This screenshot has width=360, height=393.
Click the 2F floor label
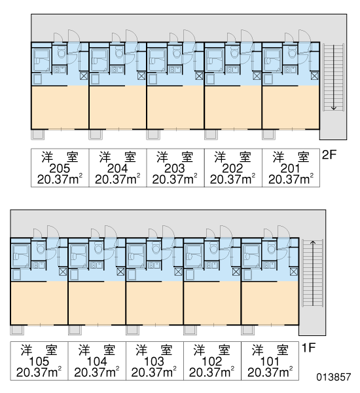329,155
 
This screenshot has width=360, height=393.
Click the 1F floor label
308,348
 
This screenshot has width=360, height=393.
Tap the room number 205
60,168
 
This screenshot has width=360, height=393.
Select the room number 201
290,168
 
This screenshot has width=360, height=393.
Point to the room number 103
154,362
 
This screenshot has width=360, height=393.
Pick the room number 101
270,362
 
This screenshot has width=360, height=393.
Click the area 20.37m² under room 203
175,179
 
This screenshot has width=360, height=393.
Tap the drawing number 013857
333,377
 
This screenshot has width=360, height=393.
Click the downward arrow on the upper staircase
333,77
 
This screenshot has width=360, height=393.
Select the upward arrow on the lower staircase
313,273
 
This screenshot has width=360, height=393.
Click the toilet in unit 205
61,53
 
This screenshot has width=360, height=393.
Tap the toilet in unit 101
272,249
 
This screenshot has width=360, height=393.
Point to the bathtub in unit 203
157,60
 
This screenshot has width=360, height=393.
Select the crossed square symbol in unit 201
315,76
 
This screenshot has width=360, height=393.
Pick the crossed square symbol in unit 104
120,271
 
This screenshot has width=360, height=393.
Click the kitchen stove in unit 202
233,69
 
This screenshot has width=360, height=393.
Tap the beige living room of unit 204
118,107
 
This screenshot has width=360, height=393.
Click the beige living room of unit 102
212,303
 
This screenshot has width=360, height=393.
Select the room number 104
97,362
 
